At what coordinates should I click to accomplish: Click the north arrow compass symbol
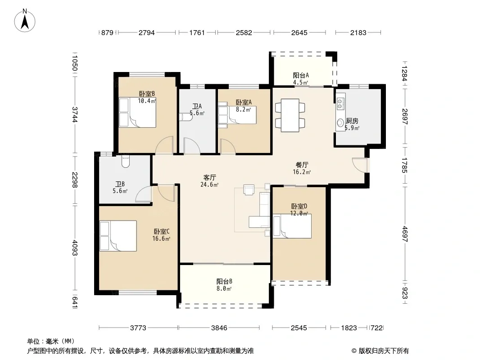25,20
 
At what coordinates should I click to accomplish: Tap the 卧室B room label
147,94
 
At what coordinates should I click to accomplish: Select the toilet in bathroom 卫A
186,117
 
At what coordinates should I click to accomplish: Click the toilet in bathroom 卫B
126,162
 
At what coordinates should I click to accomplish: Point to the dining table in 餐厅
290,115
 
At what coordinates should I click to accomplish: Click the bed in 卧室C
118,236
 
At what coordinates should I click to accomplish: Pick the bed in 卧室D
292,226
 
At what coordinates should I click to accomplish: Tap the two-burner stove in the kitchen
340,103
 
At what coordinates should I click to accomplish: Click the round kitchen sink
340,123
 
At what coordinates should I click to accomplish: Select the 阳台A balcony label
301,75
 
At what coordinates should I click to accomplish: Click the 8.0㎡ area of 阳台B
224,288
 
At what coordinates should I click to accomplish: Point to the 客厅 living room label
210,177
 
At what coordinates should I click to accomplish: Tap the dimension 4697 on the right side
405,234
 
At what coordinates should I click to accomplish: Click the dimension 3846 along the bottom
219,328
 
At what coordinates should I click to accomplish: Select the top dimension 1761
197,32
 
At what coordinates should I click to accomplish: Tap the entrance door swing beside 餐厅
359,165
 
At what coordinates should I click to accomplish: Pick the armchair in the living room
249,189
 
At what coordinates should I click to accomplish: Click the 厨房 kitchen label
352,121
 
